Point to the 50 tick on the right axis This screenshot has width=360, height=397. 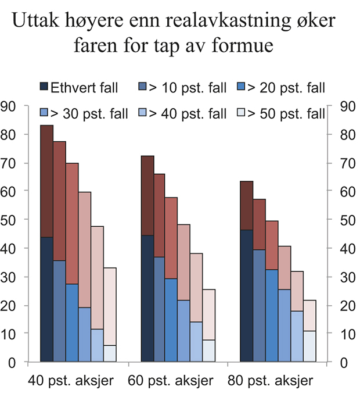339,220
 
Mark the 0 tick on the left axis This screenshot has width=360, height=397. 25,362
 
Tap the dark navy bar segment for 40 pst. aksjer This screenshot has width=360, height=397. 46,299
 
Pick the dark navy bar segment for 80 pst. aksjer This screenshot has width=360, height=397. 247,296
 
